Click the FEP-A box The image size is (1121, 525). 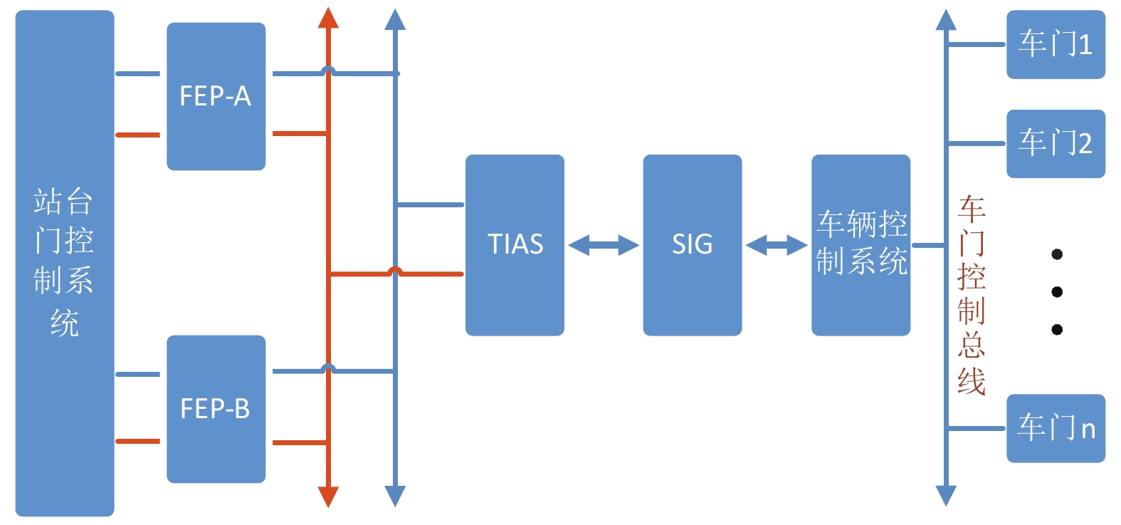[x=216, y=96]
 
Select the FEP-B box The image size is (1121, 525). [x=216, y=409]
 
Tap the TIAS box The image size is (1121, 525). [x=515, y=244]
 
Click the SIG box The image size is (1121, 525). [x=692, y=244]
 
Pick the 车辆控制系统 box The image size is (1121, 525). [x=861, y=244]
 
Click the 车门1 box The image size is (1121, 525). [x=1055, y=44]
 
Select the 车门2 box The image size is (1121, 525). [x=1055, y=143]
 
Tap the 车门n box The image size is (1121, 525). [x=1055, y=428]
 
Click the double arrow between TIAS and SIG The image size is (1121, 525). [x=604, y=246]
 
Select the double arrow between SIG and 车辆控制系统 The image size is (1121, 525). [x=777, y=246]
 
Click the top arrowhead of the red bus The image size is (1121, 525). [x=328, y=19]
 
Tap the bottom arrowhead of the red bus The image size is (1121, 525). [x=328, y=497]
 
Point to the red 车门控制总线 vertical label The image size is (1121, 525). [x=971, y=295]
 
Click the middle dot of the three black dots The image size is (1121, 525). [x=1057, y=292]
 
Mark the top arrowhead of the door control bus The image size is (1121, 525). [x=946, y=20]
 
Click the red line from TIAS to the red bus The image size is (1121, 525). [x=427, y=274]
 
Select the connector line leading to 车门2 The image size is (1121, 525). [x=976, y=144]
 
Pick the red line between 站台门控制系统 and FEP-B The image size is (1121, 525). [x=137, y=442]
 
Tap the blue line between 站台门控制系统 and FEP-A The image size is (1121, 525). [x=137, y=73]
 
